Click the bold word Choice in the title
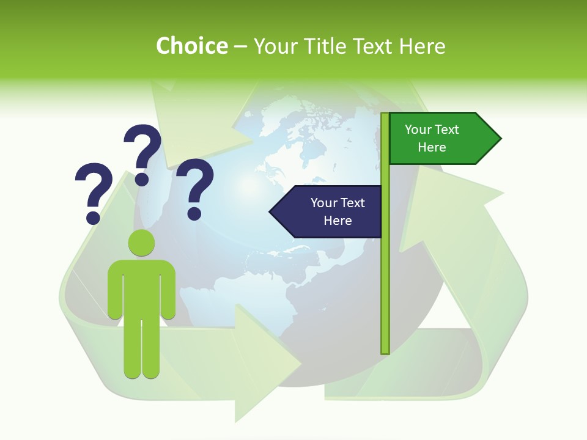coord(191,46)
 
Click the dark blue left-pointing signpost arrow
coord(327,211)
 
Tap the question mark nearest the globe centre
coord(195,187)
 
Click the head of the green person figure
coord(141,243)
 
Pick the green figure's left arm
coord(114,290)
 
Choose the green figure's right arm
coord(168,290)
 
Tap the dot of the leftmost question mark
coord(93,217)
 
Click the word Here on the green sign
coord(432,147)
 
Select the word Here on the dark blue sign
coord(338,221)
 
